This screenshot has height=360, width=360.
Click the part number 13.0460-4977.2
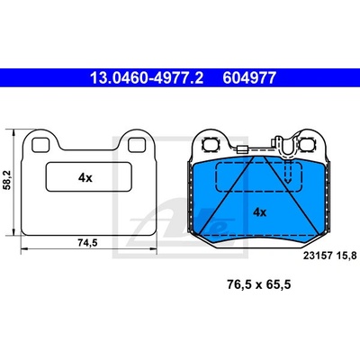(147, 78)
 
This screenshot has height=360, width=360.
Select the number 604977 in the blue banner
(249, 78)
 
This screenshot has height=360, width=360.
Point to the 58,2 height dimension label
(7, 180)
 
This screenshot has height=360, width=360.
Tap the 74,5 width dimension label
(88, 243)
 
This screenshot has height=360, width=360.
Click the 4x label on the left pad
(85, 178)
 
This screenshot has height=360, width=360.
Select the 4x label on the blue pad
(260, 212)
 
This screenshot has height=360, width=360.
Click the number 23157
(318, 256)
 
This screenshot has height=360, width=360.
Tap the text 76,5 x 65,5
(259, 284)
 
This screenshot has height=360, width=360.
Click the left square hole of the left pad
(40, 145)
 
